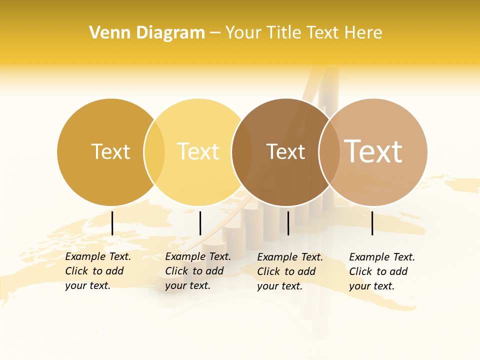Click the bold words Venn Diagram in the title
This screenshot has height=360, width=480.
[147, 33]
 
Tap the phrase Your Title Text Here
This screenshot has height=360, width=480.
[303, 33]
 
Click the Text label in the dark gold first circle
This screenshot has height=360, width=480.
[110, 151]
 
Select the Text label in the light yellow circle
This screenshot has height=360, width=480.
[198, 151]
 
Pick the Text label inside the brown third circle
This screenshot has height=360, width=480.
[285, 151]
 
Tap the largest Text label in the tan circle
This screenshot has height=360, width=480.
[373, 151]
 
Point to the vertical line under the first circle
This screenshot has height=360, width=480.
[112, 223]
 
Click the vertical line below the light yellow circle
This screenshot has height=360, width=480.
[200, 223]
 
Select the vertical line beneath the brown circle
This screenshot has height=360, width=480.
[288, 223]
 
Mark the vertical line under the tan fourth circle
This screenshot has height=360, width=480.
[372, 223]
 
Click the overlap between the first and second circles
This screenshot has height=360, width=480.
[154, 152]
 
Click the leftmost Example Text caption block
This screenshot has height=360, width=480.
[98, 271]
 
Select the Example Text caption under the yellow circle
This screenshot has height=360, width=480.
[198, 271]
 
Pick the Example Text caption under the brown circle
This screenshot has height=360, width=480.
[290, 271]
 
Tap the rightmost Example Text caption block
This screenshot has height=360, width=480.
[382, 271]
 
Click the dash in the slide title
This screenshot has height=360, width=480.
[215, 33]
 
